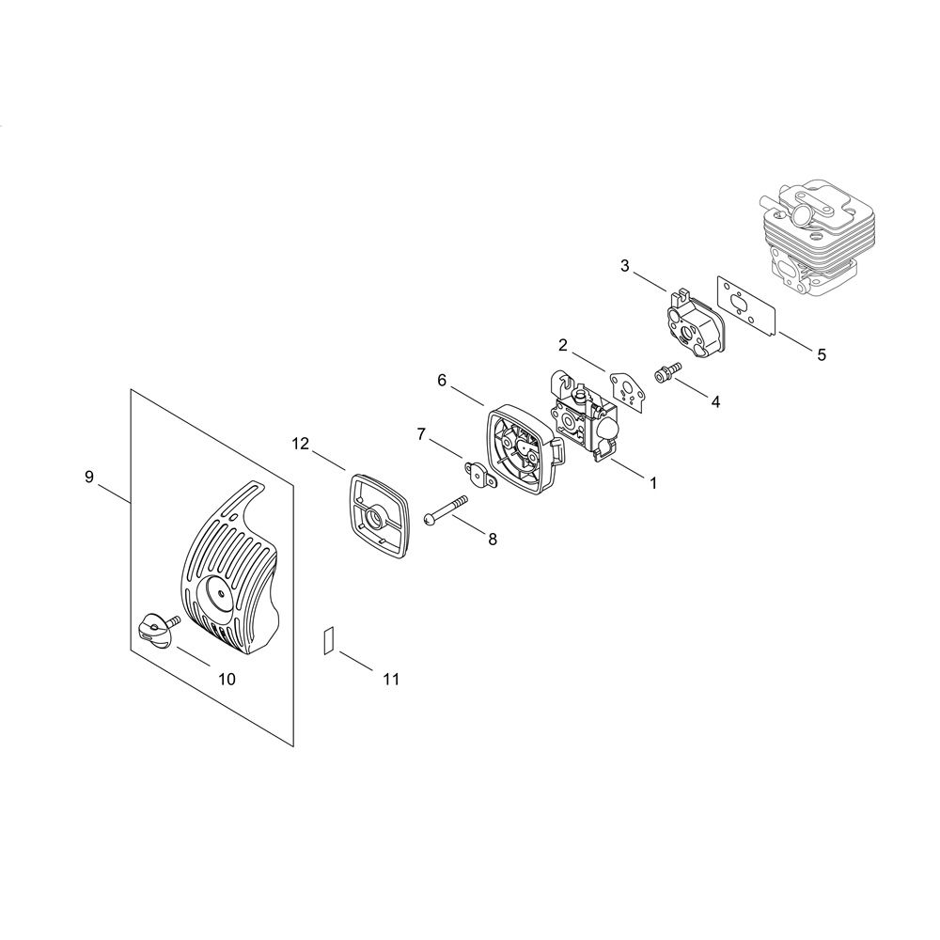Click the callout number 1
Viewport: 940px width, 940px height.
pos(653,482)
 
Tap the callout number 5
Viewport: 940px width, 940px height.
pos(822,355)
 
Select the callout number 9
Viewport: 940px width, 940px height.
pos(89,478)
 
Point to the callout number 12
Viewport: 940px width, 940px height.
pos(301,444)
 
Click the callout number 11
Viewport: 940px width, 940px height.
pos(391,679)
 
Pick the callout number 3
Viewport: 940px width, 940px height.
pos(625,266)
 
